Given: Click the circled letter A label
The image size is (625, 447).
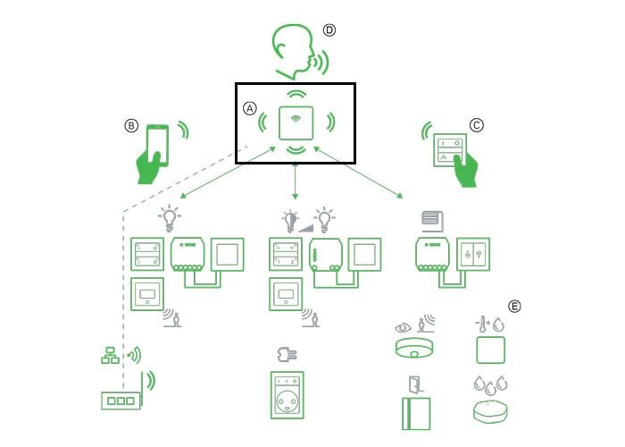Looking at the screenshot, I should point(250,107).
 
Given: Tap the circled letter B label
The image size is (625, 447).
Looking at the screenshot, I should point(131,126).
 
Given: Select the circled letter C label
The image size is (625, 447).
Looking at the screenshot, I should point(476,126).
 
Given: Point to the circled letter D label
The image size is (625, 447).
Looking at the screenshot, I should point(329,30).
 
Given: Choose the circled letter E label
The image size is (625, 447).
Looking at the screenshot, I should point(514,306).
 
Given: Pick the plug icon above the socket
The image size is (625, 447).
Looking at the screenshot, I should point(287,354).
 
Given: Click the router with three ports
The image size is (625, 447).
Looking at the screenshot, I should point(118,401).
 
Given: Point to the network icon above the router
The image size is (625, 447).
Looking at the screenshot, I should point(109,356).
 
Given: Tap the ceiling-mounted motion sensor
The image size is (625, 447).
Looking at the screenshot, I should point(412,347).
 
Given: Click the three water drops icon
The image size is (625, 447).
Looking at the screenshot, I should point(490,384).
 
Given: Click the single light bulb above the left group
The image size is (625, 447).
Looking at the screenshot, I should point(170,216).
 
